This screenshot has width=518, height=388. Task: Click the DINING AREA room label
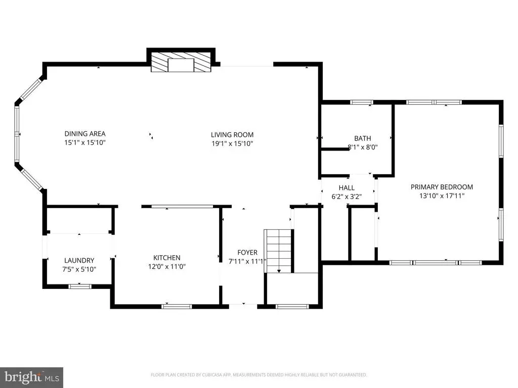(x=85, y=133)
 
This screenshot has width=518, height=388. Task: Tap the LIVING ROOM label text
(x=232, y=134)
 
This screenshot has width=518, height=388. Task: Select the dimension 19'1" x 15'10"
(x=232, y=143)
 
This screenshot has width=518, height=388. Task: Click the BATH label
(x=362, y=138)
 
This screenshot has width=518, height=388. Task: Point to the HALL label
(x=347, y=188)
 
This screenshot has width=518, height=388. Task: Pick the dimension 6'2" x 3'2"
(x=347, y=197)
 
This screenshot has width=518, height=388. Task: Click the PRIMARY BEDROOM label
(x=442, y=187)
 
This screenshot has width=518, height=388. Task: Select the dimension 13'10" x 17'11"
(x=442, y=196)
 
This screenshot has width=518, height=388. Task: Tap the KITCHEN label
(x=167, y=258)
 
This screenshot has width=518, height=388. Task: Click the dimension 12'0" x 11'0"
(x=167, y=267)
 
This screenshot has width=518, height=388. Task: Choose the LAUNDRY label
(x=79, y=260)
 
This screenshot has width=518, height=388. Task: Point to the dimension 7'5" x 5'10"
(x=79, y=269)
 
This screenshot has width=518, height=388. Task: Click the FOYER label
(x=247, y=253)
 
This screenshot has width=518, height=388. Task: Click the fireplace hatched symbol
(x=181, y=62)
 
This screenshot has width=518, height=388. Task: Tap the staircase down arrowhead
(x=279, y=271)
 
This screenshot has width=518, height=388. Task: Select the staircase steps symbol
(x=279, y=251)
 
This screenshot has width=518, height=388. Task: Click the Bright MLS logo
(x=31, y=377)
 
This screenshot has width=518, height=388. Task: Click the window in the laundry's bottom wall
(x=79, y=286)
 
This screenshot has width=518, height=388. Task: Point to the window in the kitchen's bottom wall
(x=177, y=307)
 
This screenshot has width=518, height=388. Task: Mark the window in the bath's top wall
(x=361, y=102)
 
